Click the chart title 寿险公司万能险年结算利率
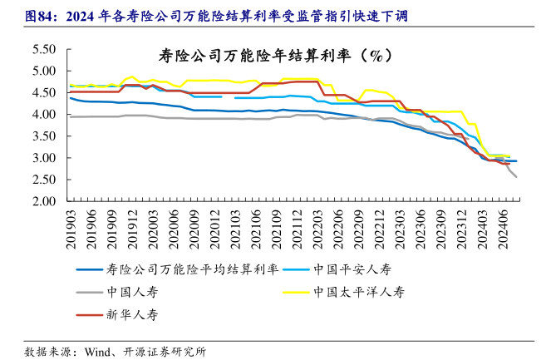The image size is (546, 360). (274, 56)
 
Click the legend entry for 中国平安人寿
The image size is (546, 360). (352, 269)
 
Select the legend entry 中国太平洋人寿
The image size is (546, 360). (358, 292)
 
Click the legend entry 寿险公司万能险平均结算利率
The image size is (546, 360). (191, 269)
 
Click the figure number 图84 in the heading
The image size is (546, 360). (39, 16)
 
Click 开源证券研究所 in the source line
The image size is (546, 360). (166, 350)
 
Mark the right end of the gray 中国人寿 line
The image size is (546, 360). (516, 177)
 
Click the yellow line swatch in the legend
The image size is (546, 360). (294, 292)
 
